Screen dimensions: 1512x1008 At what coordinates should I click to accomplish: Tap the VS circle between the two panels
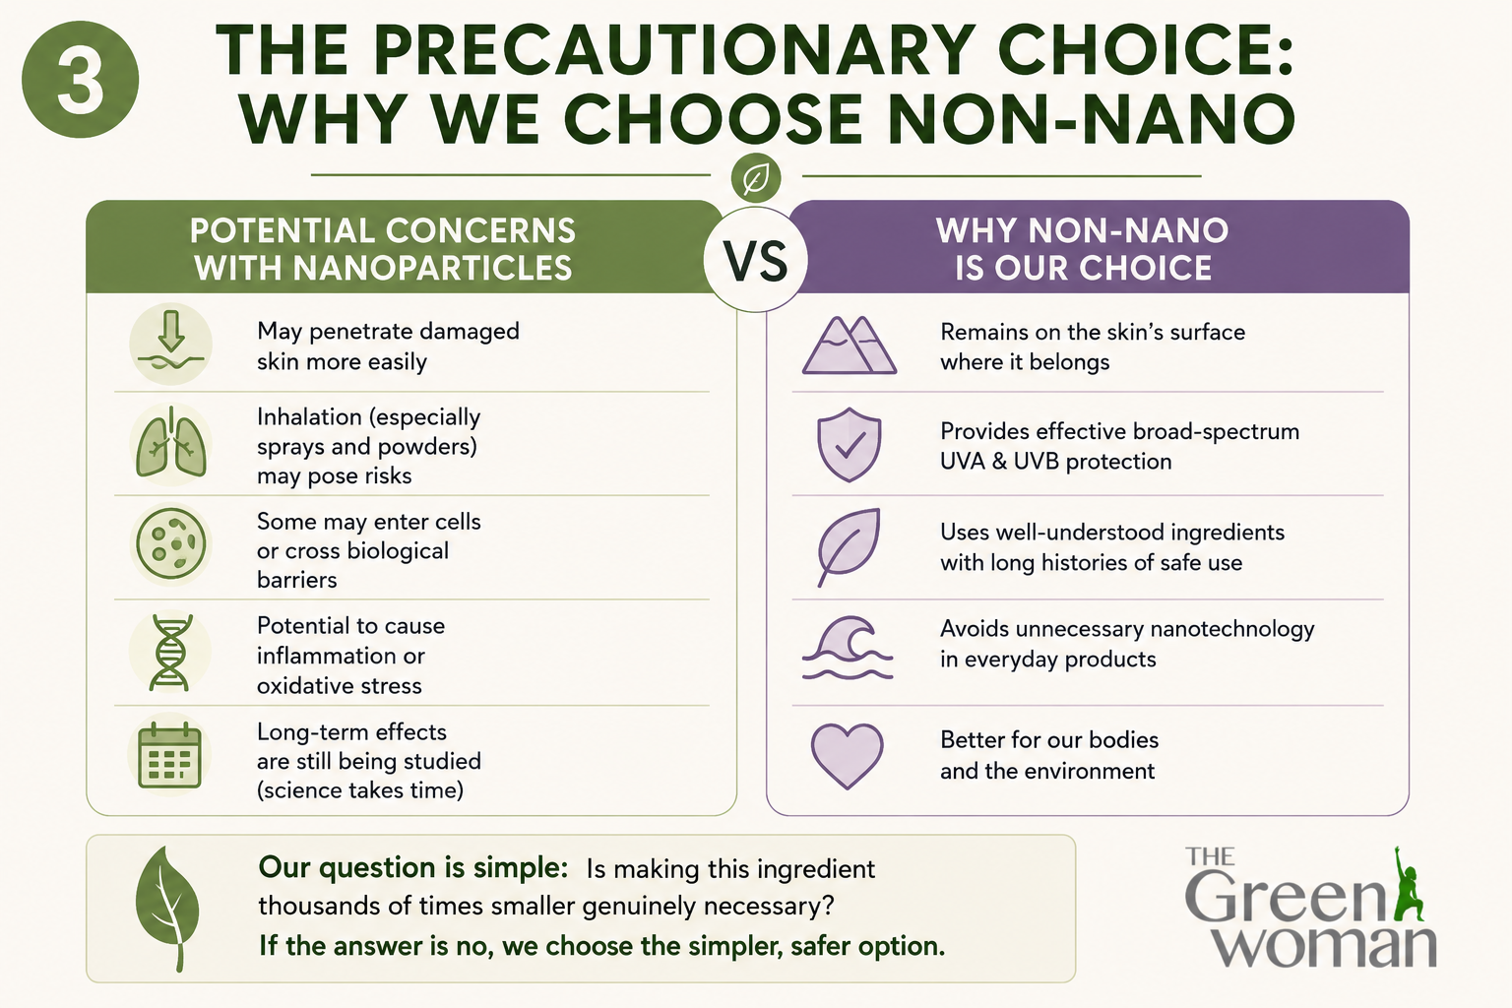(x=755, y=260)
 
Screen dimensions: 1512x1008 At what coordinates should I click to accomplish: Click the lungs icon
(x=171, y=443)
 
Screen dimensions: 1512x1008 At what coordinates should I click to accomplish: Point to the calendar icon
(x=169, y=755)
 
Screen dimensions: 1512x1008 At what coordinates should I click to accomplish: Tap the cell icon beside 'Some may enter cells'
(x=170, y=543)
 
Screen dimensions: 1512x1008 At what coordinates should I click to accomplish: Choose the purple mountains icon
(x=850, y=345)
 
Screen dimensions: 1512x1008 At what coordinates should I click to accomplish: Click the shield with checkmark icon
(x=850, y=444)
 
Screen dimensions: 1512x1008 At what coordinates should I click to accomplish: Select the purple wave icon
(x=848, y=647)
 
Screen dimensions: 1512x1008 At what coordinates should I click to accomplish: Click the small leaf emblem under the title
(x=756, y=178)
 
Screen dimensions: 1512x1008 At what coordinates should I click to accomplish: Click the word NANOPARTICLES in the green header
(x=433, y=268)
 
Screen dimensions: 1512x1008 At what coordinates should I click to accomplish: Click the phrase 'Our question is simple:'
(x=413, y=867)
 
